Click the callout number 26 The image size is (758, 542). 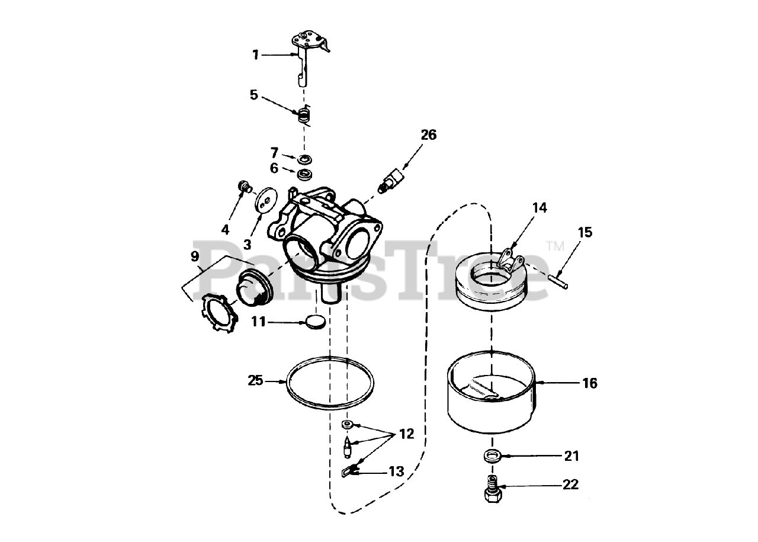(x=428, y=135)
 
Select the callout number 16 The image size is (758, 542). (x=590, y=383)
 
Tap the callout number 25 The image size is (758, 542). (x=255, y=380)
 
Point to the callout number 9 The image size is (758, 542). (x=194, y=256)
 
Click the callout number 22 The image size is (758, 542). (x=570, y=485)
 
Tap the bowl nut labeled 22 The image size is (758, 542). (x=491, y=490)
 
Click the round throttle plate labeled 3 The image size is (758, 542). (x=264, y=200)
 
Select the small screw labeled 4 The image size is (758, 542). (x=243, y=187)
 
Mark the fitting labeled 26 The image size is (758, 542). (x=391, y=180)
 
